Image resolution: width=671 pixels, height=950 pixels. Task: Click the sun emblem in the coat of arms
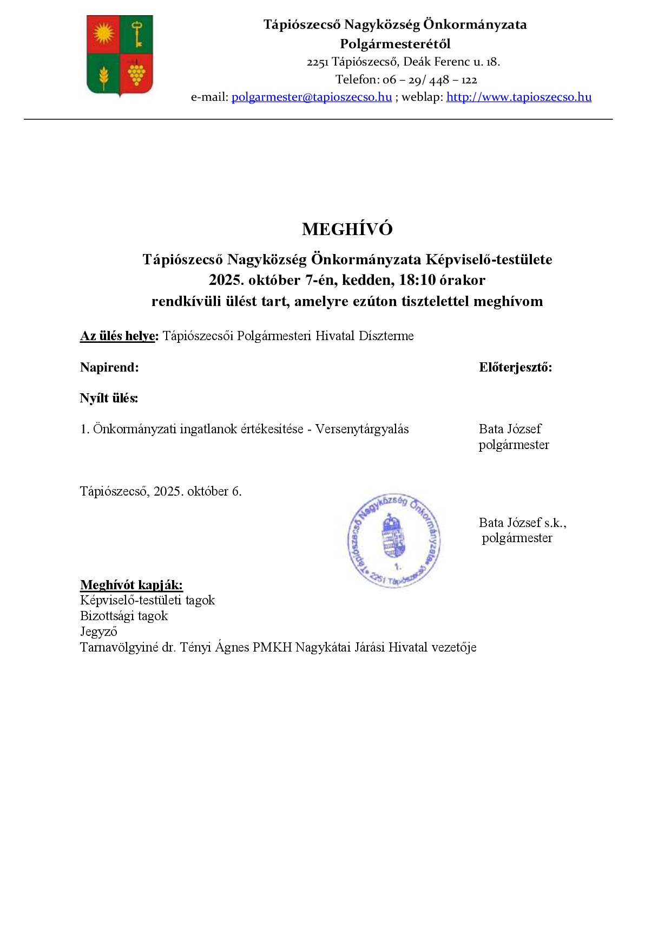[x=104, y=34]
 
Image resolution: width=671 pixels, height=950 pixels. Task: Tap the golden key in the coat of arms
[x=137, y=34]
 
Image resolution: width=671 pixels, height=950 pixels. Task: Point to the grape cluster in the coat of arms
[x=136, y=73]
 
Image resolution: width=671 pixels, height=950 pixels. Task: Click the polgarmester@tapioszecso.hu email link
[x=312, y=97]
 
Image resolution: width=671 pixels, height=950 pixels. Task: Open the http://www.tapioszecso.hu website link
[x=518, y=97]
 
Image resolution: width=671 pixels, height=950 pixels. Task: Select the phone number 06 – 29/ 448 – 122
[x=430, y=80]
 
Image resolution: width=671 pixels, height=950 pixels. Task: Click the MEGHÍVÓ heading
[x=347, y=229]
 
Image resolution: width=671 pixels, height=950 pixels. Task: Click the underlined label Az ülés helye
[x=119, y=336]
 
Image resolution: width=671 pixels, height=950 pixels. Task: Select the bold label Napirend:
[x=109, y=367]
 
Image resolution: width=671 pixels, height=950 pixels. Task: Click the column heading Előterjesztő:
[x=515, y=367]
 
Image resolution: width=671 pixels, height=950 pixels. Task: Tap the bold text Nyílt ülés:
[x=109, y=398]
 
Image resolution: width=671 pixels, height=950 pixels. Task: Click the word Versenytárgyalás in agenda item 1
[x=362, y=429]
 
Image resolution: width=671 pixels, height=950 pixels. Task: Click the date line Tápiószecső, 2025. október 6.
[x=161, y=491]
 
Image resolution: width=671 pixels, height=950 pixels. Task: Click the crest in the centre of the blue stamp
[x=393, y=538]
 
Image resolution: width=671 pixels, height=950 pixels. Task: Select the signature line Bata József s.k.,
[x=522, y=523]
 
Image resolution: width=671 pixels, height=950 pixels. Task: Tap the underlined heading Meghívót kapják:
[x=131, y=585]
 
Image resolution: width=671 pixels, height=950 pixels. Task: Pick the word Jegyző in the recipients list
[x=98, y=632]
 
